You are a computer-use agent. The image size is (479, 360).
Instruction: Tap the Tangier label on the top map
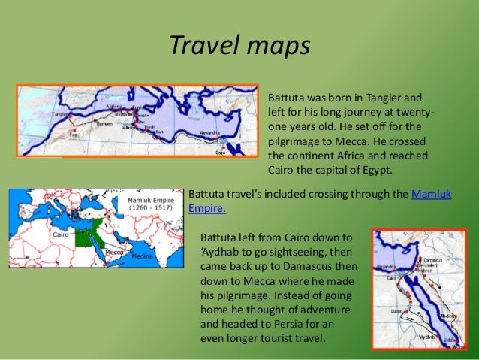click(62, 114)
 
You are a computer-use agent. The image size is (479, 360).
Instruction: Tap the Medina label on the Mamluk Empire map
click(142, 256)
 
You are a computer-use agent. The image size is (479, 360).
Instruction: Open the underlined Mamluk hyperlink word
click(432, 195)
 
